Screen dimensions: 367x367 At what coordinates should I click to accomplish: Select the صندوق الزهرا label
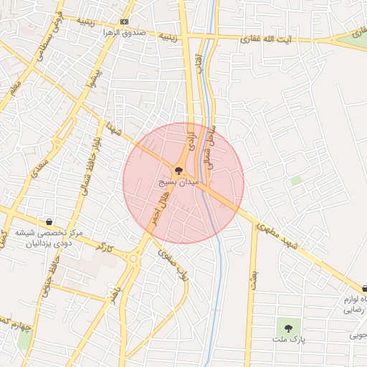click(x=124, y=33)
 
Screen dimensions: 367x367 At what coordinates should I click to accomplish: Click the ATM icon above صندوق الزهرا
click(x=125, y=22)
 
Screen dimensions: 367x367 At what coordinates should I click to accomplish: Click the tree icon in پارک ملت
click(x=289, y=326)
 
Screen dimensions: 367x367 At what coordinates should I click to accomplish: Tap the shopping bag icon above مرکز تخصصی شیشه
click(x=48, y=221)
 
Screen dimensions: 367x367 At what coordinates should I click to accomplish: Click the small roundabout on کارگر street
click(x=134, y=259)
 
